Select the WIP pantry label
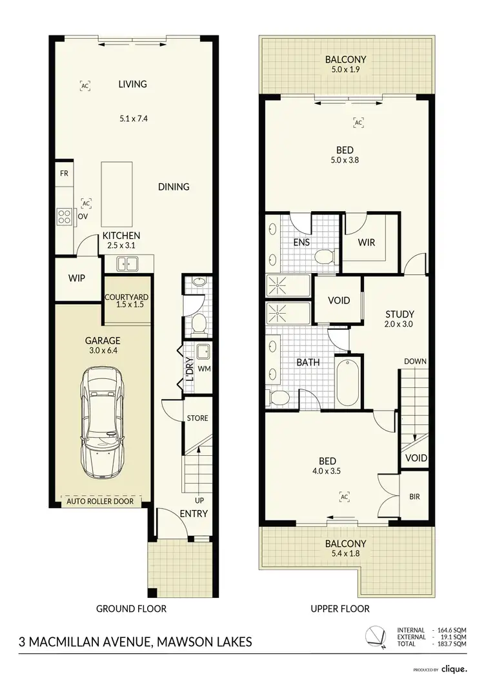tap(77, 279)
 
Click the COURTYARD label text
tap(127, 297)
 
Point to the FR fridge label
tap(64, 174)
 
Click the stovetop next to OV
tap(64, 216)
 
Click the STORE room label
tap(197, 418)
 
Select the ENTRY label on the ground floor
tap(194, 514)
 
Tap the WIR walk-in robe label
tap(366, 243)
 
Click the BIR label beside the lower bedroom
tap(414, 498)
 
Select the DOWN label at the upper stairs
tap(415, 362)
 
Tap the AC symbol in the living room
tap(85, 85)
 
